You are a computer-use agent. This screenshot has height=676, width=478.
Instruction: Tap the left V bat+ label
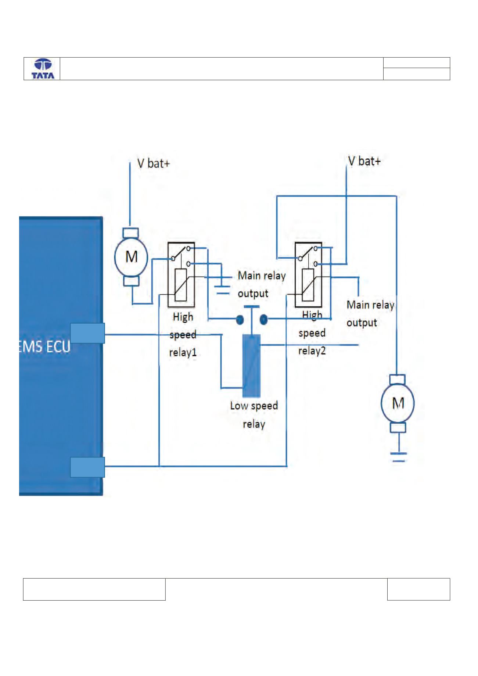coord(154,163)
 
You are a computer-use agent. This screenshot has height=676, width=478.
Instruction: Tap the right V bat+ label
coord(364,161)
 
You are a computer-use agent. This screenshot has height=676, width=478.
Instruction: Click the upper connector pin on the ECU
coord(87,333)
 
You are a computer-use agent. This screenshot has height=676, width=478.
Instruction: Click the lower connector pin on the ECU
coord(87,467)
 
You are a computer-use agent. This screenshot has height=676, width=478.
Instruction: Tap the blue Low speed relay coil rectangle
coord(251,366)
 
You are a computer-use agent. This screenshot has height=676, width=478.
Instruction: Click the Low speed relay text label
coord(254,415)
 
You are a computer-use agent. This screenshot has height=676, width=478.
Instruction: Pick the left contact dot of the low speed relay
coord(240,320)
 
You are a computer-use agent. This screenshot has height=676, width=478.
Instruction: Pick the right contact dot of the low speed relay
coord(263,320)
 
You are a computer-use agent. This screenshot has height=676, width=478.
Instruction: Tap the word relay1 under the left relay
coord(183,352)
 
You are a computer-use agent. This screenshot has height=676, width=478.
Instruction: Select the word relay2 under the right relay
coord(312,351)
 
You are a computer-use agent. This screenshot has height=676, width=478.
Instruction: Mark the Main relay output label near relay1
coord(262,284)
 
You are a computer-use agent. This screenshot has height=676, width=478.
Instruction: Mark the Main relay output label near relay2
coord(370,313)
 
